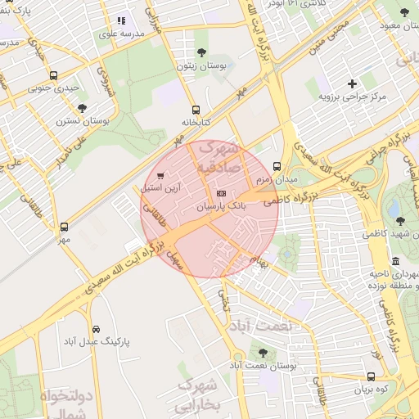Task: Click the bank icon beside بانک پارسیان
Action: click(x=219, y=193)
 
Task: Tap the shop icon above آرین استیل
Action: click(x=160, y=175)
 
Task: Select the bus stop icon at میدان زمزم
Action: click(x=277, y=166)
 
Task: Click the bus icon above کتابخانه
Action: click(x=195, y=110)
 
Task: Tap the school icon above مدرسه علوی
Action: click(x=122, y=21)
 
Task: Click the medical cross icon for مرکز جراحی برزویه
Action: click(x=353, y=83)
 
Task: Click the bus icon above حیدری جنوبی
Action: click(x=54, y=74)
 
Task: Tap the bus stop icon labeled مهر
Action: click(x=65, y=227)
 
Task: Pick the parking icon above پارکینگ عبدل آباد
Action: click(x=96, y=329)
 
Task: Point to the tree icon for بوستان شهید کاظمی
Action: click(x=400, y=221)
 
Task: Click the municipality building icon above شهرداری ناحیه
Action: click(x=396, y=261)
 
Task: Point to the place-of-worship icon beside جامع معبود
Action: click(x=403, y=15)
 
